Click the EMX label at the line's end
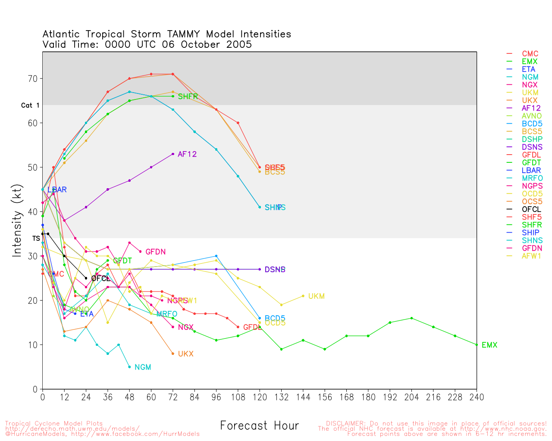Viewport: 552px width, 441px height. point(489,345)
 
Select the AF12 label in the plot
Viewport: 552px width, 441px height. point(187,154)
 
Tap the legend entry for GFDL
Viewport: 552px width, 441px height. point(531,155)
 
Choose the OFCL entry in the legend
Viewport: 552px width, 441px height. point(531,209)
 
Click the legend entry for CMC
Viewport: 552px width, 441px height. point(530,54)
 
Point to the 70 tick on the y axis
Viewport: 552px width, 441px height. point(33,79)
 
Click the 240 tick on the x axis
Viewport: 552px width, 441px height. point(477,397)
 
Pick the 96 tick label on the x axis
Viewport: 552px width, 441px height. point(216,397)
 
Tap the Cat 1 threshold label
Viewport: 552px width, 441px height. point(30,106)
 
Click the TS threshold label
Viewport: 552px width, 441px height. point(36,238)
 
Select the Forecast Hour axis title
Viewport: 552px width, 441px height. point(259,426)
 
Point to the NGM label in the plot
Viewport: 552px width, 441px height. point(143,367)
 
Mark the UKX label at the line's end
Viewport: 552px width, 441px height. point(185,354)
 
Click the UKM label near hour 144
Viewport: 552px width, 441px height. point(316,296)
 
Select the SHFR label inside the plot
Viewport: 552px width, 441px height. point(188,96)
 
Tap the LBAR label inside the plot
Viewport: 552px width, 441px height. point(57,190)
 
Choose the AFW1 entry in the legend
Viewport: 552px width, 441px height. point(531,256)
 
